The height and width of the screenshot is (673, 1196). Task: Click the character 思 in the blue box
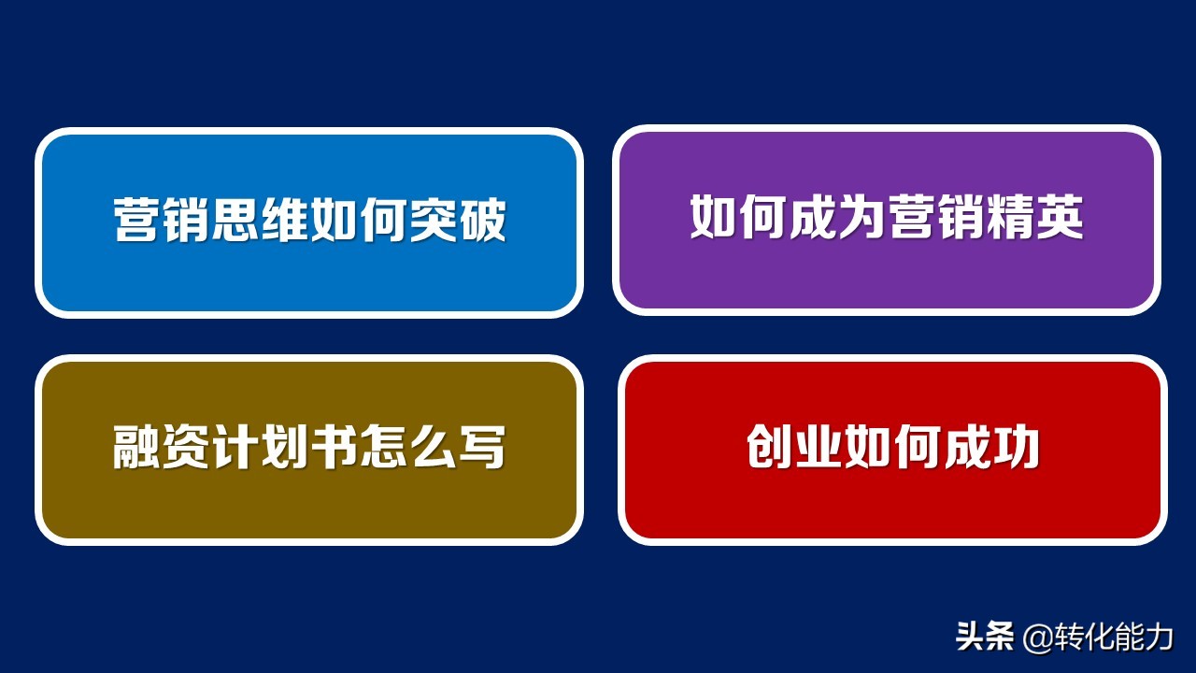pyautogui.click(x=235, y=221)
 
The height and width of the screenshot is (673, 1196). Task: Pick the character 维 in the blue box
pyautogui.click(x=285, y=221)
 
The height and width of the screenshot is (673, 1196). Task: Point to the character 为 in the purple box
pyautogui.click(x=862, y=218)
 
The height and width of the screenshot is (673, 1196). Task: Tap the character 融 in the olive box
pyautogui.click(x=137, y=448)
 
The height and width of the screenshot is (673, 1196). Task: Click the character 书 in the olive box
pyautogui.click(x=334, y=448)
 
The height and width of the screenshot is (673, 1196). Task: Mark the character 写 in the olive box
pyautogui.click(x=481, y=448)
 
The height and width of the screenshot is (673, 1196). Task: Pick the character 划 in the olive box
pyautogui.click(x=285, y=448)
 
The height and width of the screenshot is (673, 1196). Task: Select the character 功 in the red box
pyautogui.click(x=1016, y=447)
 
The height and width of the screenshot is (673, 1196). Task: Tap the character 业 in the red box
pyautogui.click(x=819, y=447)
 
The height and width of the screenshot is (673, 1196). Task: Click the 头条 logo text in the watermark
pyautogui.click(x=985, y=637)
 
